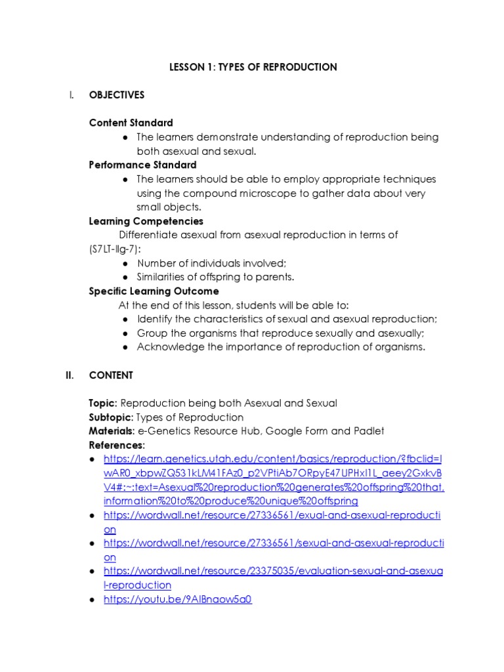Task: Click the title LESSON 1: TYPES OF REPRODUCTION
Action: pyautogui.click(x=253, y=67)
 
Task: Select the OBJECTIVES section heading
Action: pyautogui.click(x=117, y=95)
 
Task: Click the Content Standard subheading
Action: pyautogui.click(x=131, y=123)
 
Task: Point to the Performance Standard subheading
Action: pyautogui.click(x=142, y=165)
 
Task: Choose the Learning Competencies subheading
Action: pyautogui.click(x=146, y=221)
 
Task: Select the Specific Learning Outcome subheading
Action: pyautogui.click(x=154, y=291)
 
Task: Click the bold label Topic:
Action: pyautogui.click(x=104, y=403)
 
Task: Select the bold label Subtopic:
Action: pyautogui.click(x=110, y=417)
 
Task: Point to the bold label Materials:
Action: pyautogui.click(x=112, y=431)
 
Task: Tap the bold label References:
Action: pyautogui.click(x=117, y=446)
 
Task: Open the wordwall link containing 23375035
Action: pyautogui.click(x=273, y=572)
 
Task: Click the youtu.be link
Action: pyautogui.click(x=178, y=599)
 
